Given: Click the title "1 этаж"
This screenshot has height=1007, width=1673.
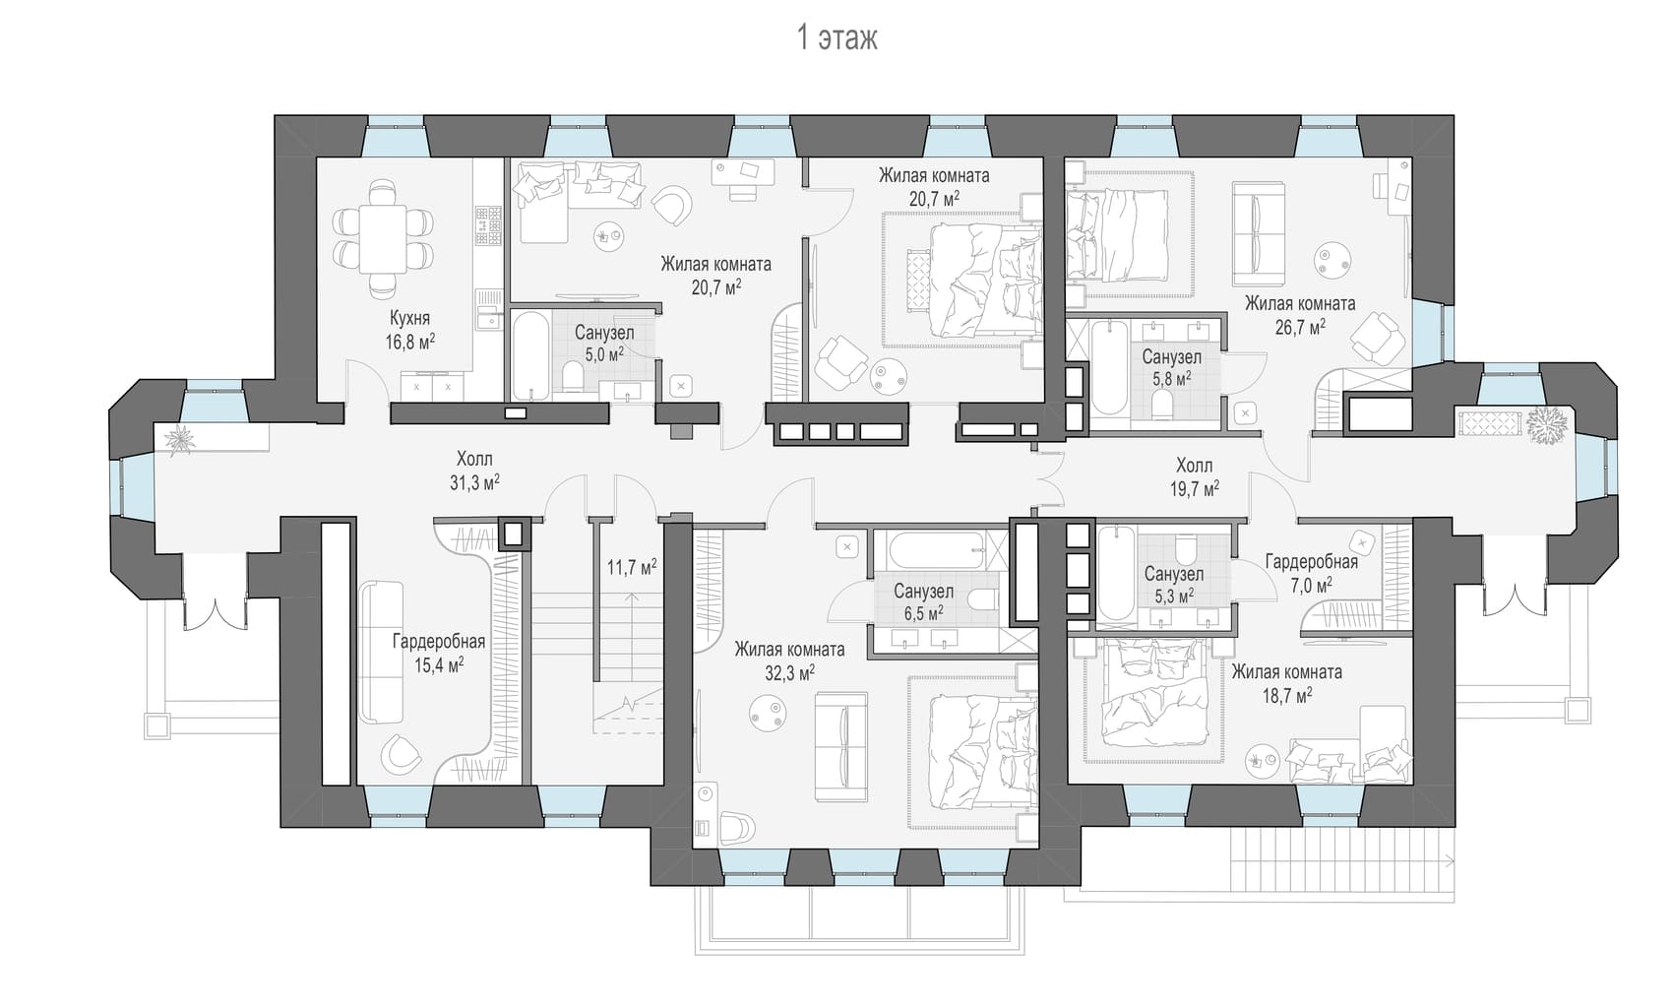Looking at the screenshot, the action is pos(836,38).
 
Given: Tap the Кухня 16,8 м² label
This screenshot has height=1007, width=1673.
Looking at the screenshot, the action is pos(410,330).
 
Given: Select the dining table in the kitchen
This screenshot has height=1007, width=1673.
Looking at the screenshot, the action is pos(383,240).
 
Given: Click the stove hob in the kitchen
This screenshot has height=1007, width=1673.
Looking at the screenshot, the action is pos(489,225).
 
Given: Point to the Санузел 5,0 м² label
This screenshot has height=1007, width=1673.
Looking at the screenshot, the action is pos(604,343).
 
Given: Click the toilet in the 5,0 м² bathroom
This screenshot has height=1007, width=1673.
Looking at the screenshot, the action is pos(573,377).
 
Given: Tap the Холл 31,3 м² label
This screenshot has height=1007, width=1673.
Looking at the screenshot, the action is pos(474,471).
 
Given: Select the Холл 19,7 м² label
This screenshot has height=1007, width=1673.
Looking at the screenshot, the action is pos(1195,477).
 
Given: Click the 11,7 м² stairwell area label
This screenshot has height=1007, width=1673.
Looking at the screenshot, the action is pos(631,567).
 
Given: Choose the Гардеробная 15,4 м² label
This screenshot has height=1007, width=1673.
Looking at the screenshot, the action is pos(439,653).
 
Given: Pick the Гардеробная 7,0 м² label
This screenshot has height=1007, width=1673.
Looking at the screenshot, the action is pos(1312,572).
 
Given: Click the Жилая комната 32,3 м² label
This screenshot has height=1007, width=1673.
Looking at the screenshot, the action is pos(789,661).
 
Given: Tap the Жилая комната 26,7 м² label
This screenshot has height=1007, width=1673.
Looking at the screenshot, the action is pos(1300,315).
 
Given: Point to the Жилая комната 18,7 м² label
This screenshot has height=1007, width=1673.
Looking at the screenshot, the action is pos(1287,683).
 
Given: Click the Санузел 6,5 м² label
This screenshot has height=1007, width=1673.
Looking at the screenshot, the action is pos(924,602).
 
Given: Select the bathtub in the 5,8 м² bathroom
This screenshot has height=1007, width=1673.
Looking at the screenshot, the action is pos(1109,368).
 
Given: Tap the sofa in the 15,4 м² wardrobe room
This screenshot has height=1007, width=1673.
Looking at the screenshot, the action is pos(381,653).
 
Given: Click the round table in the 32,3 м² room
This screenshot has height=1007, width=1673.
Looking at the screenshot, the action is pos(767,713).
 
